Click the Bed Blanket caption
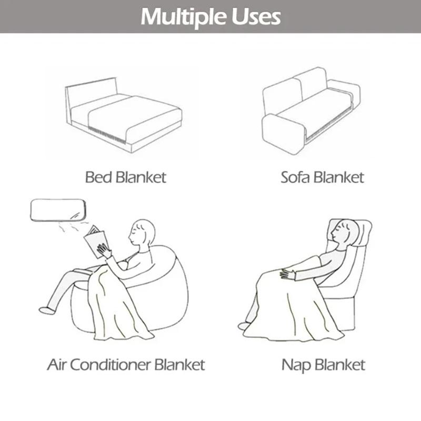point(125,177)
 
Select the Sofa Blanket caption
point(322,177)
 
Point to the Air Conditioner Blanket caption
point(126,364)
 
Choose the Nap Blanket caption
point(323,364)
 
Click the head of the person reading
point(143,232)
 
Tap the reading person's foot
point(47,310)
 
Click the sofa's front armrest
point(283,134)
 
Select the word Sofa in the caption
point(295,177)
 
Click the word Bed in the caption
point(98,177)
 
